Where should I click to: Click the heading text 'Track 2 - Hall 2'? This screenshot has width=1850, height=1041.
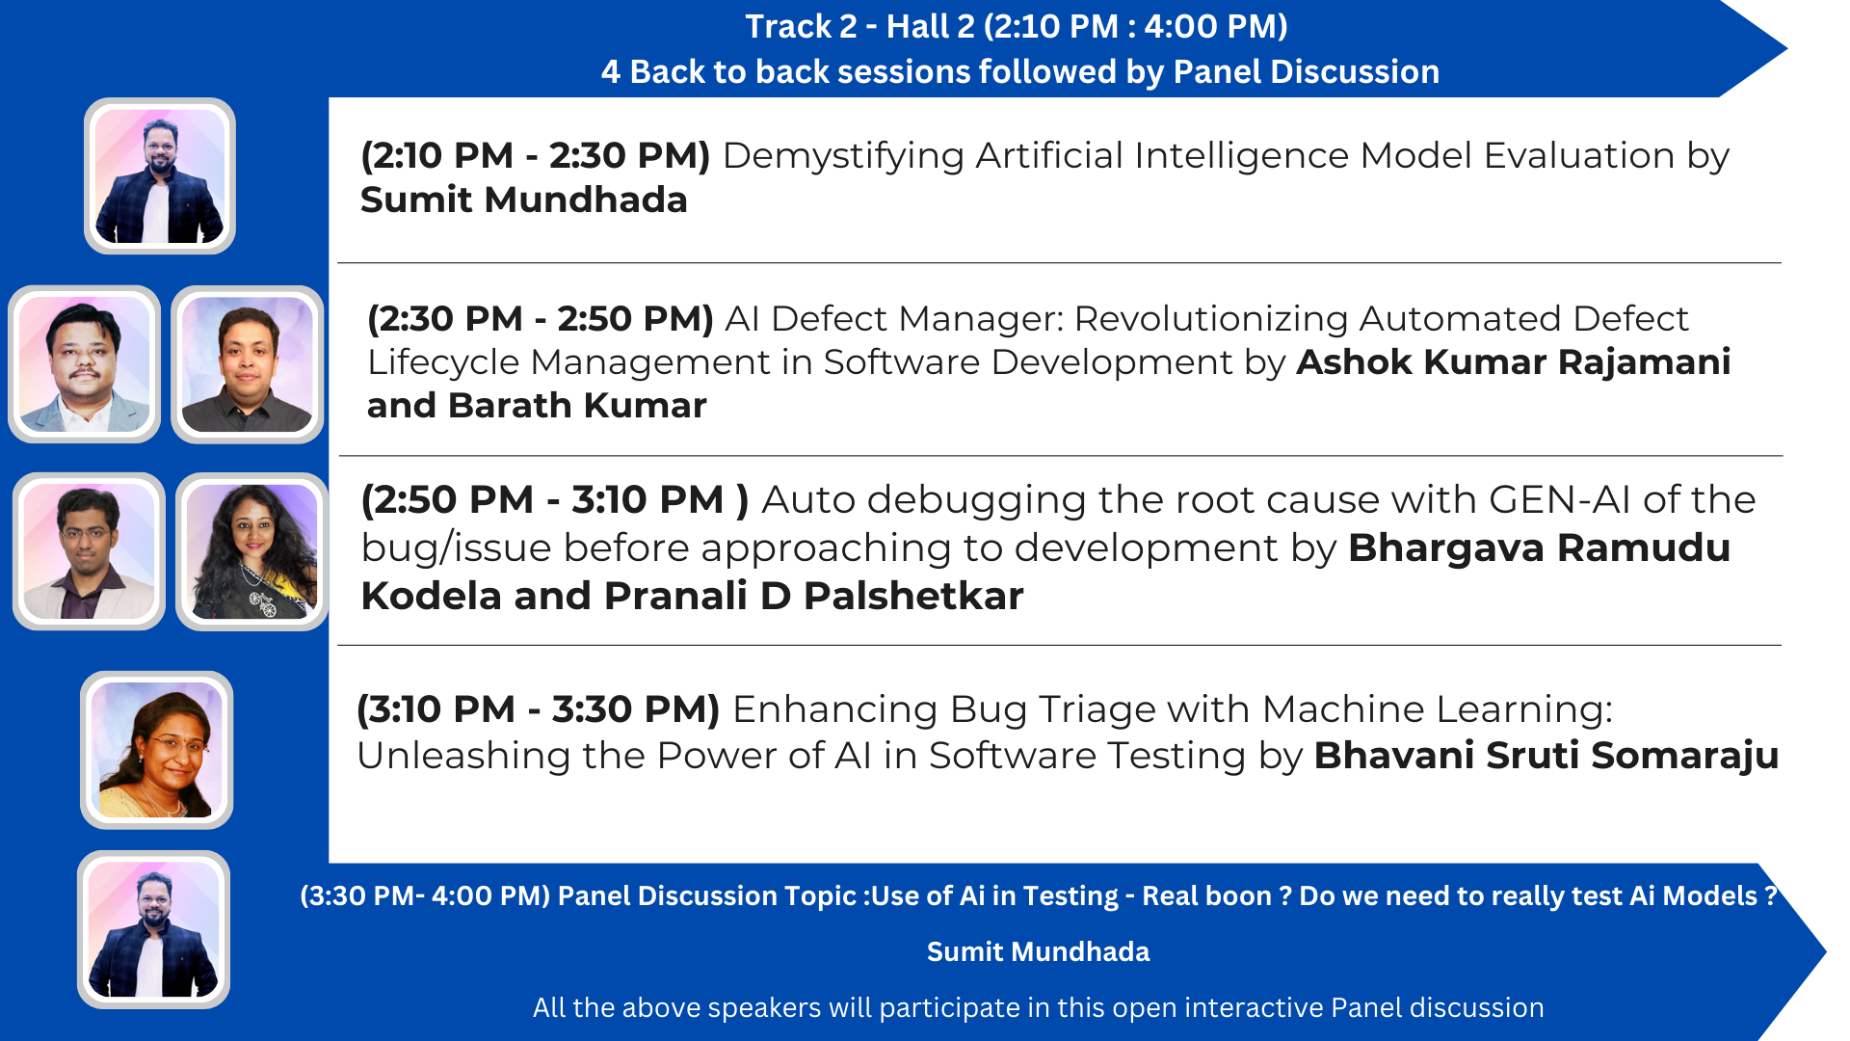(x=859, y=26)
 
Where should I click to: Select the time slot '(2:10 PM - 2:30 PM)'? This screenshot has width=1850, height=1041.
(x=536, y=156)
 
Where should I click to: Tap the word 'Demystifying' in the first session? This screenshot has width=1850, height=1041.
(x=843, y=157)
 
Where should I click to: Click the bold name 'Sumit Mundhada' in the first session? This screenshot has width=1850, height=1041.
(x=523, y=200)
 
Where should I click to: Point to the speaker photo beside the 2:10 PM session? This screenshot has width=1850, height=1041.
(x=160, y=176)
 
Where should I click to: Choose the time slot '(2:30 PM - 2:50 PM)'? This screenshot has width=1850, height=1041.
(x=541, y=319)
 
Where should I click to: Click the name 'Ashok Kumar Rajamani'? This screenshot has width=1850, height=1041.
(x=1514, y=361)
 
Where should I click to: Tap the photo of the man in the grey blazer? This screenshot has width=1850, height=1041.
(x=85, y=364)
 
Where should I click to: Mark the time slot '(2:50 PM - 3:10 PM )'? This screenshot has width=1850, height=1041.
(x=555, y=500)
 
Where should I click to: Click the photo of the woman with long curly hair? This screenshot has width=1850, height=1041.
(x=252, y=551)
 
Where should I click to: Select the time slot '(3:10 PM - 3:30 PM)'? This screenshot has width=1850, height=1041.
(x=539, y=709)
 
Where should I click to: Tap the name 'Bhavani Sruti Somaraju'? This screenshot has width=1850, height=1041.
(x=1546, y=756)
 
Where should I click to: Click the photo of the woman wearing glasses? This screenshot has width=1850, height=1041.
(x=157, y=750)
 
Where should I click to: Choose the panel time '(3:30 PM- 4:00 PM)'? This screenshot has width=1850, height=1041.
(x=425, y=896)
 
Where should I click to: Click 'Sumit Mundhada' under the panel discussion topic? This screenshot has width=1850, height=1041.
(x=1038, y=952)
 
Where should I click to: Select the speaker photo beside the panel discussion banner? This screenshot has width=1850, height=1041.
(x=154, y=930)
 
